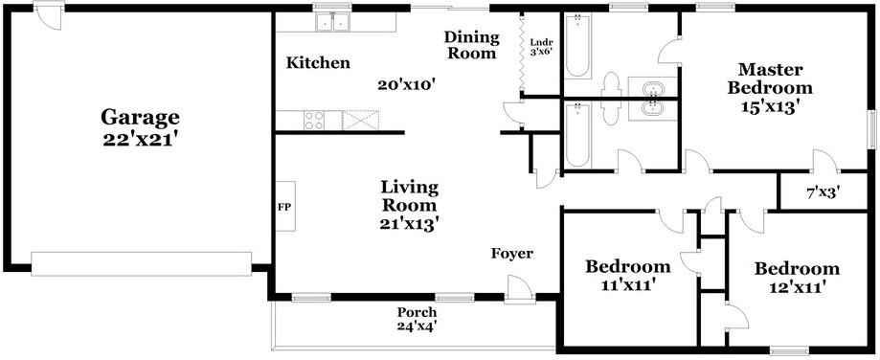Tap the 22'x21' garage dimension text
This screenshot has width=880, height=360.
(x=140, y=138)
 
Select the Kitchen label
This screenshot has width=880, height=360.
(x=318, y=63)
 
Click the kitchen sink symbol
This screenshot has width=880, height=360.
(x=332, y=21)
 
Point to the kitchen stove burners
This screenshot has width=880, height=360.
(x=314, y=120)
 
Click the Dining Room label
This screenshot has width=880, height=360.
(x=470, y=45)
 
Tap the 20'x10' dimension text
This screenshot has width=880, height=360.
(x=407, y=84)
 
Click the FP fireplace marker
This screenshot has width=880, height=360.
(x=284, y=206)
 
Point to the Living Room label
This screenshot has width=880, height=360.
(x=409, y=194)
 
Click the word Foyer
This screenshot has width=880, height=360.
(x=511, y=253)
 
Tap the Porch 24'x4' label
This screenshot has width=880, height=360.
(x=417, y=319)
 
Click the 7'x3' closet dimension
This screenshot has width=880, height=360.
(x=823, y=191)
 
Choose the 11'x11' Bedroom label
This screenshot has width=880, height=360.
(x=627, y=275)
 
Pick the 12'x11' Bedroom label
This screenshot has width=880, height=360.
(x=796, y=278)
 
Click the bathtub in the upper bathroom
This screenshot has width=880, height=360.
(x=577, y=45)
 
